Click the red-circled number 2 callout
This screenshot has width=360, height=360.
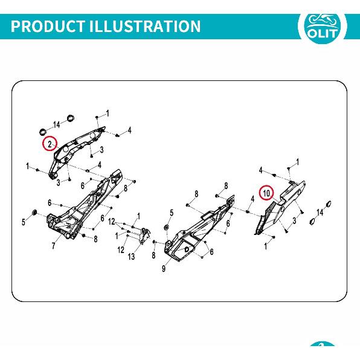pyautogui.click(x=50, y=144)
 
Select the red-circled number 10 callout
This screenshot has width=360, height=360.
pyautogui.click(x=266, y=193)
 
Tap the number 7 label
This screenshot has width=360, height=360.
pyautogui.click(x=53, y=246)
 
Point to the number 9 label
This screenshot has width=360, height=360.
pyautogui.click(x=164, y=268)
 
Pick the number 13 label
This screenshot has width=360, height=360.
pyautogui.click(x=131, y=257)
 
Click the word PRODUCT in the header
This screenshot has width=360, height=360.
pyautogui.click(x=48, y=26)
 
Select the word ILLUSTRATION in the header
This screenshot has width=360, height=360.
pyautogui.click(x=145, y=26)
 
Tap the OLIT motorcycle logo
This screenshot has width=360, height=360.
pyautogui.click(x=323, y=27)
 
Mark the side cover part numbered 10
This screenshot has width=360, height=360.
pyautogui.click(x=280, y=207)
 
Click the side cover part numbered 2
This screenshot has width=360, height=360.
pyautogui.click(x=75, y=152)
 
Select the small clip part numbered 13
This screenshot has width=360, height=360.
pyautogui.click(x=144, y=236)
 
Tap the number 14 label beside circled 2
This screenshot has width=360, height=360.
pyautogui.click(x=57, y=124)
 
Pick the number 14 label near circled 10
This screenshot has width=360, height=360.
pyautogui.click(x=320, y=213)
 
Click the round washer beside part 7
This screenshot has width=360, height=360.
pyautogui.click(x=34, y=212)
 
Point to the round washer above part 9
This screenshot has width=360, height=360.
pyautogui.click(x=167, y=228)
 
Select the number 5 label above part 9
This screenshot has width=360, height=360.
pyautogui.click(x=172, y=213)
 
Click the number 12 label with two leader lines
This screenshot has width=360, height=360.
pyautogui.click(x=112, y=222)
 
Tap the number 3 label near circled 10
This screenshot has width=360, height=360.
pyautogui.click(x=295, y=220)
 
